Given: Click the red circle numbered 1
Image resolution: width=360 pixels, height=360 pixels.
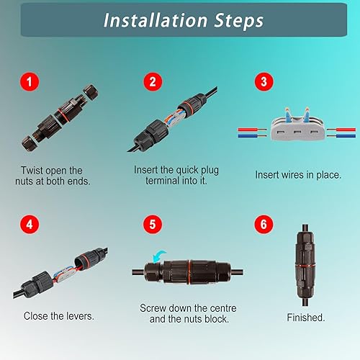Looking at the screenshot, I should point(29,82).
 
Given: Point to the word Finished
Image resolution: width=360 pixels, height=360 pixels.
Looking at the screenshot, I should point(305,317).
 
